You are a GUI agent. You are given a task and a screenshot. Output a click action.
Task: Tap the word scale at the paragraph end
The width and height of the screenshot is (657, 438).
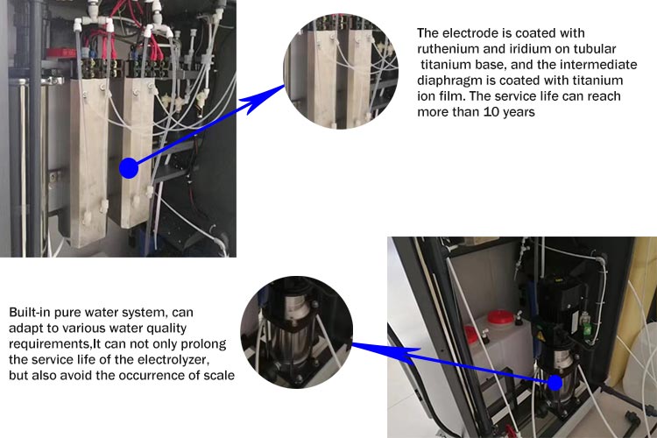(219, 375)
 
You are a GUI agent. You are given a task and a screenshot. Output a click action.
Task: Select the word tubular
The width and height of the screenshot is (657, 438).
(595, 49)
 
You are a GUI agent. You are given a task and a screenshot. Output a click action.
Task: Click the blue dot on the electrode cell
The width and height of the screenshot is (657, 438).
(129, 168)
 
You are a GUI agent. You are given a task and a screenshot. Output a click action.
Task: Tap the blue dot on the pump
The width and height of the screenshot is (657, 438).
(555, 383)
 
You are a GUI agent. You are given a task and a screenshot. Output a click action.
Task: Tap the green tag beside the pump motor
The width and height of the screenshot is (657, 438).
(587, 328)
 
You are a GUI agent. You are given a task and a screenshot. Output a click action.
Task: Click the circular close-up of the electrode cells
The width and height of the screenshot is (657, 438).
(341, 72)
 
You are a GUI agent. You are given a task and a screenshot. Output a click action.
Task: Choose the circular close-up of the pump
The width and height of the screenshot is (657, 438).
(297, 332)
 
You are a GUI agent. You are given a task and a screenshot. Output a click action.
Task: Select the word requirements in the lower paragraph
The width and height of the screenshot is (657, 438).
(49, 344)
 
